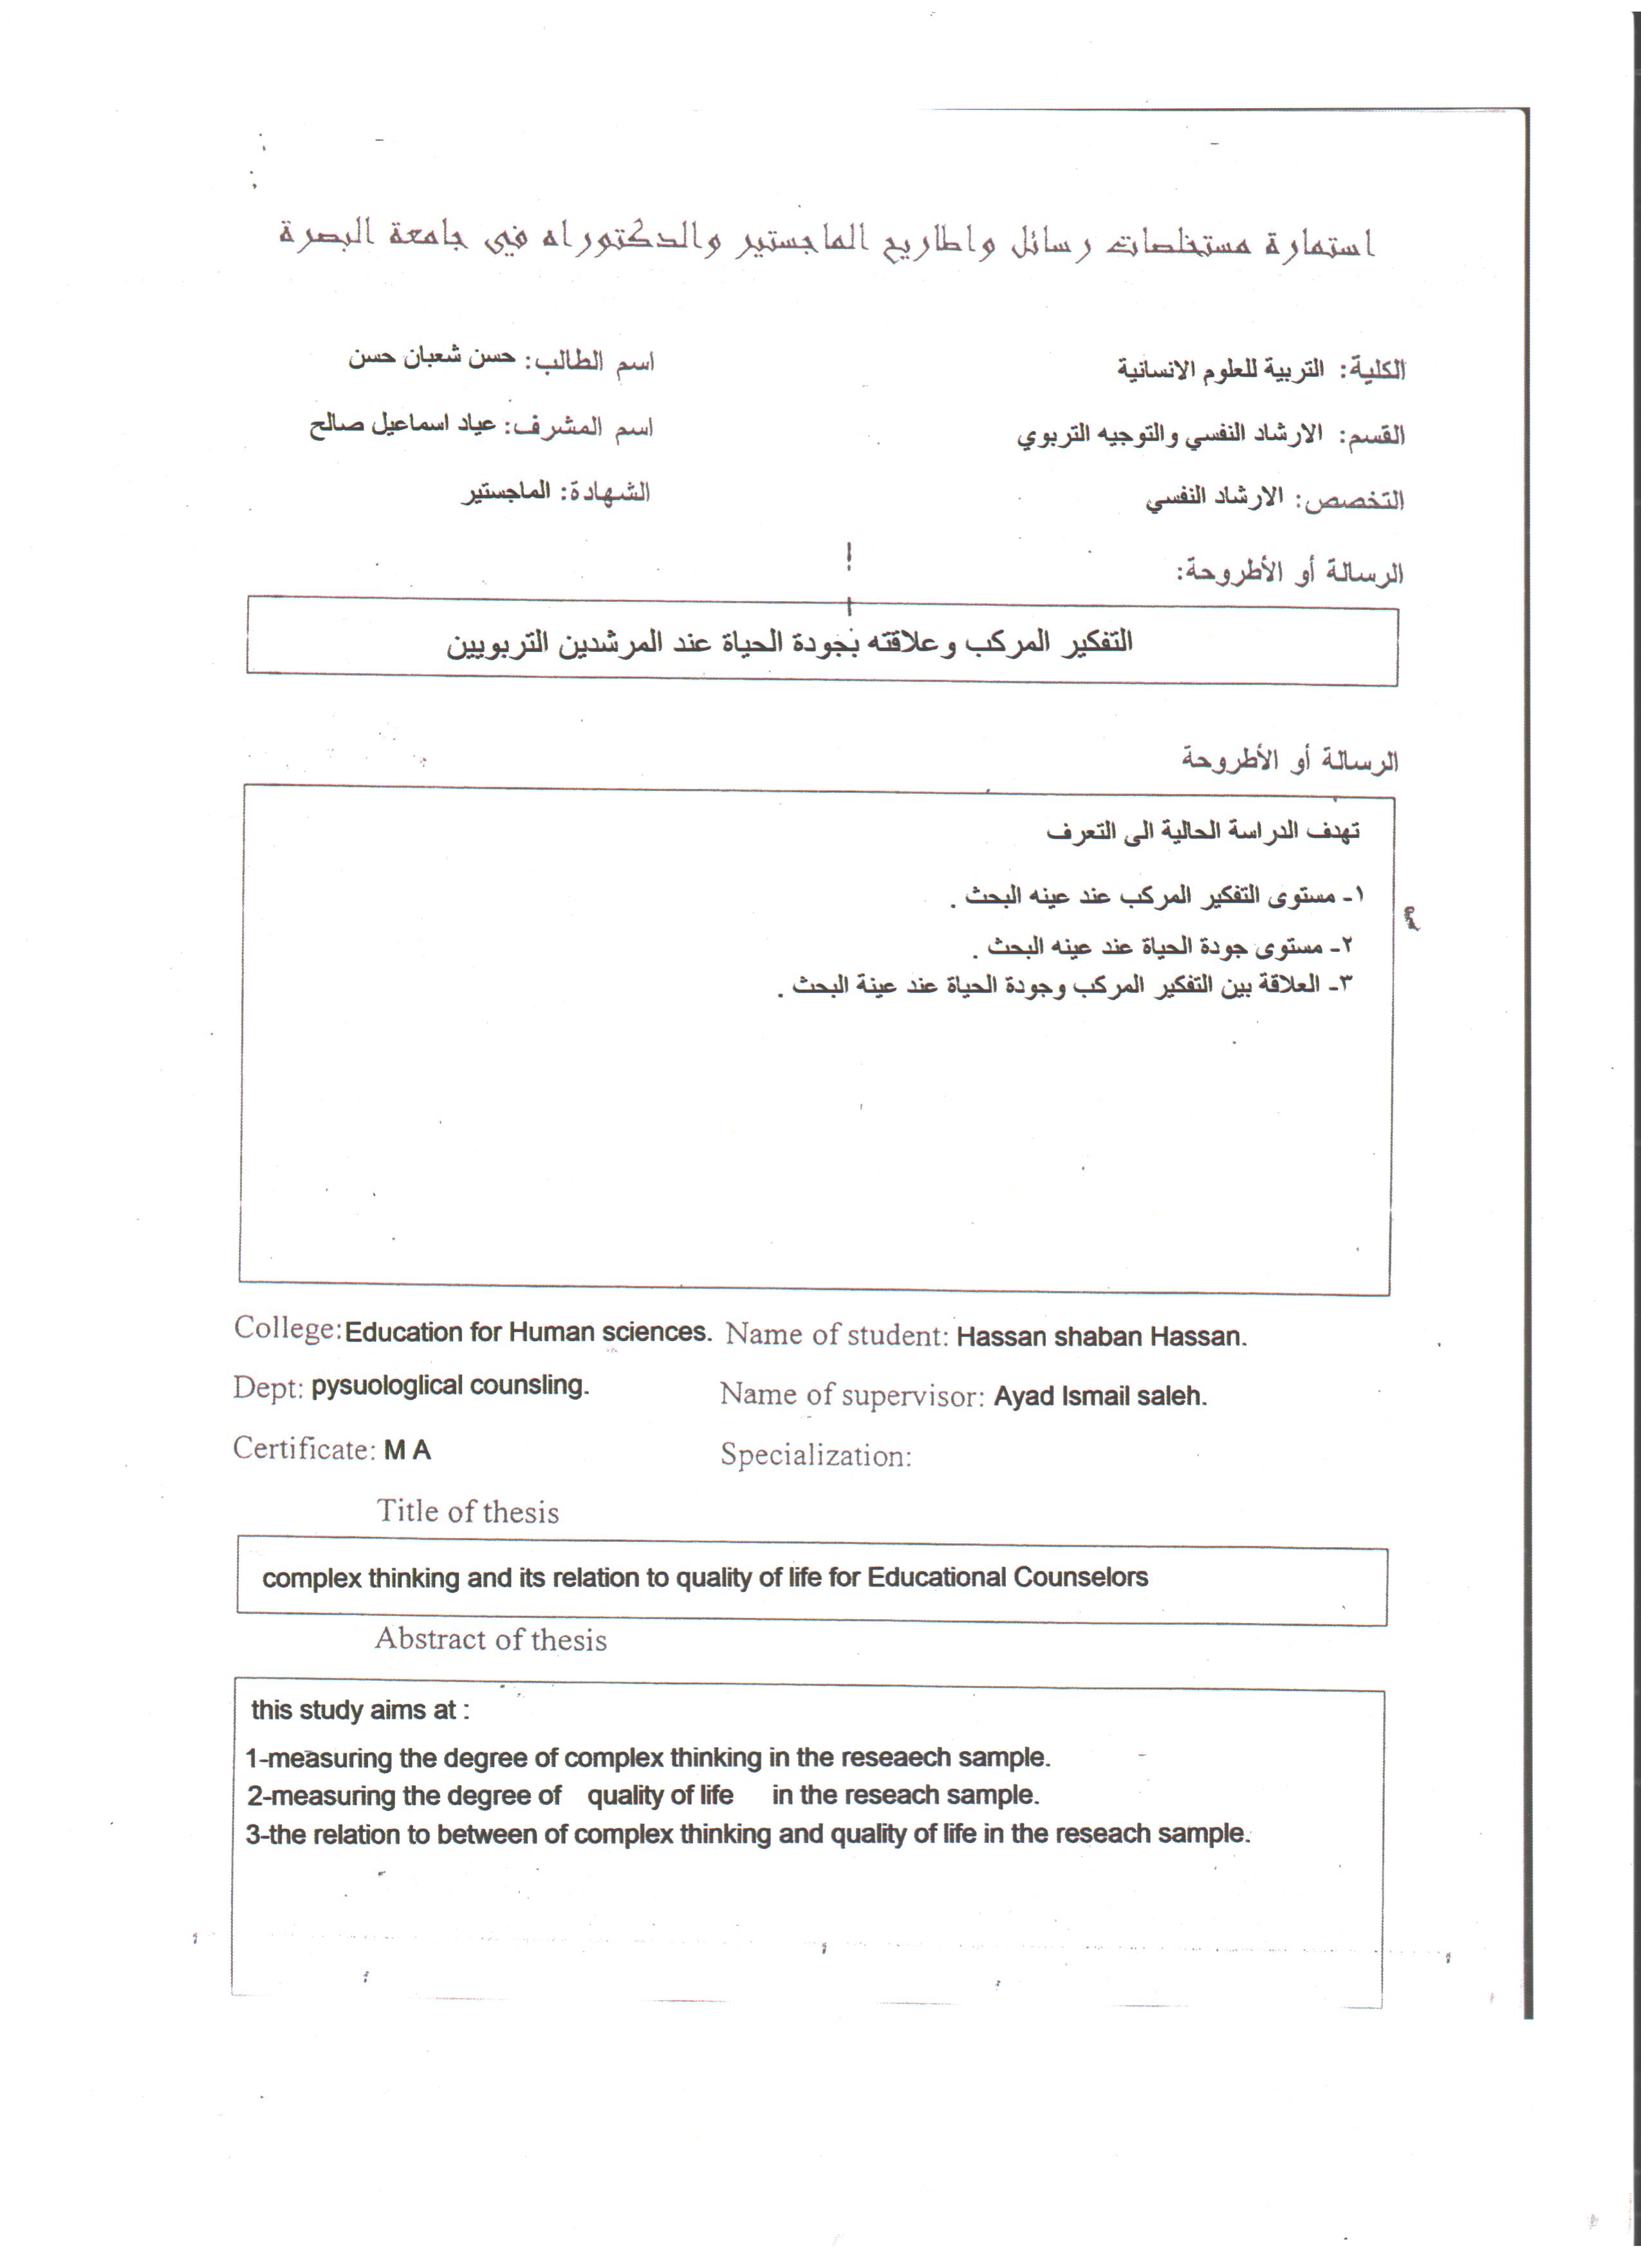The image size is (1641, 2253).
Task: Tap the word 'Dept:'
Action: [x=267, y=1387]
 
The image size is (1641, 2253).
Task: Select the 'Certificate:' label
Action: [x=304, y=1449]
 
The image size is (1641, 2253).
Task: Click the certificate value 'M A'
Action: [x=407, y=1451]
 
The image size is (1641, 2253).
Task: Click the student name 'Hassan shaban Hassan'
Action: [x=1100, y=1337]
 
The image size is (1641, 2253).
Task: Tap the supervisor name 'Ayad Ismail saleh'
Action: [x=1100, y=1396]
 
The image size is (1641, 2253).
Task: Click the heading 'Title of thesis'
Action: [x=467, y=1512]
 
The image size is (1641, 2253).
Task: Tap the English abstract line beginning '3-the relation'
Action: [x=747, y=1834]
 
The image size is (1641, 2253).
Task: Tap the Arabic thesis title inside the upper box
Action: [x=789, y=644]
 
